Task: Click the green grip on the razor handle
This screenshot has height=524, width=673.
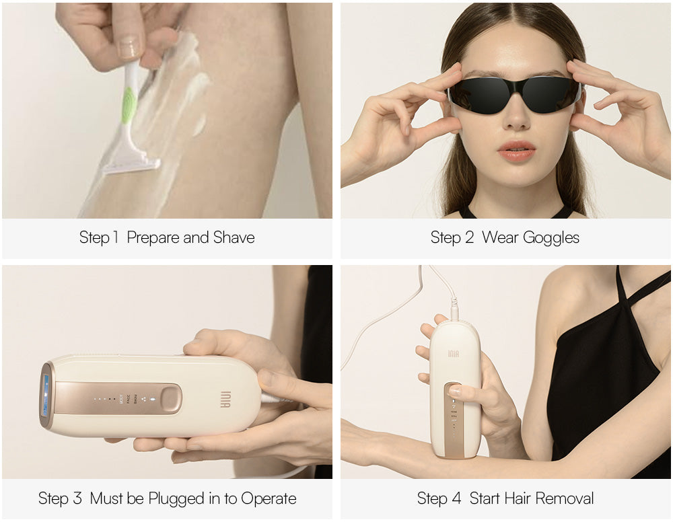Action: (129, 105)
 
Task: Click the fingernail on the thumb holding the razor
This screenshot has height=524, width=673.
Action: (129, 47)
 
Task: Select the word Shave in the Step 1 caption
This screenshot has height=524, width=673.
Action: (234, 237)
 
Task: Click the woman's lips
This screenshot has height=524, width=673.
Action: (516, 151)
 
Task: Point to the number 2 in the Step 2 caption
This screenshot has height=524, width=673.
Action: (470, 237)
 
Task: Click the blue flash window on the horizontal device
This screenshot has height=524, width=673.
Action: (46, 396)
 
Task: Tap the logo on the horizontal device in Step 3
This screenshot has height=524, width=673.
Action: (225, 399)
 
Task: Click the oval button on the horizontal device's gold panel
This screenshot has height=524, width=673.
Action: (171, 399)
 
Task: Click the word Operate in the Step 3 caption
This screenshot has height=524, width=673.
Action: (269, 499)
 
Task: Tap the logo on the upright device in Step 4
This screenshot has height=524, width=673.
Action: (453, 354)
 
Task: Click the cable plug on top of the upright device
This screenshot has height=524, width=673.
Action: (454, 310)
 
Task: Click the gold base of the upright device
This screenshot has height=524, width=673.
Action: (455, 449)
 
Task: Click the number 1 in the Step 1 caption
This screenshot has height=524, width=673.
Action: (115, 237)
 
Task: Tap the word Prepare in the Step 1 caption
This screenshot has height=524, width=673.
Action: (153, 237)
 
